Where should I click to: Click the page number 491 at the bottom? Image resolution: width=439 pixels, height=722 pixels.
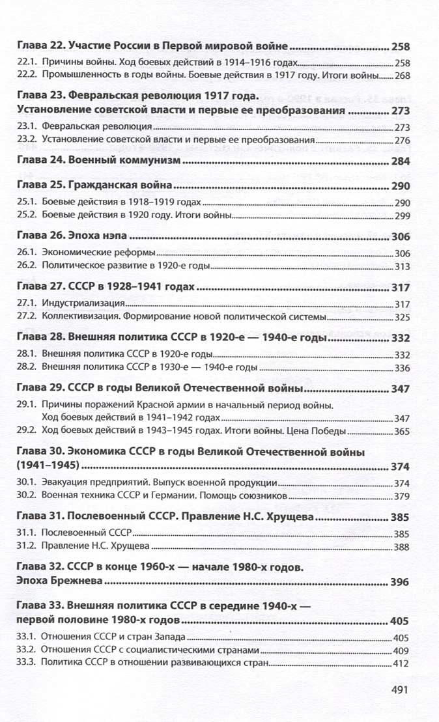[x=397, y=689]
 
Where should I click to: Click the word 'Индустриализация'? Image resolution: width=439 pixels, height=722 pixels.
[x=83, y=304]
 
